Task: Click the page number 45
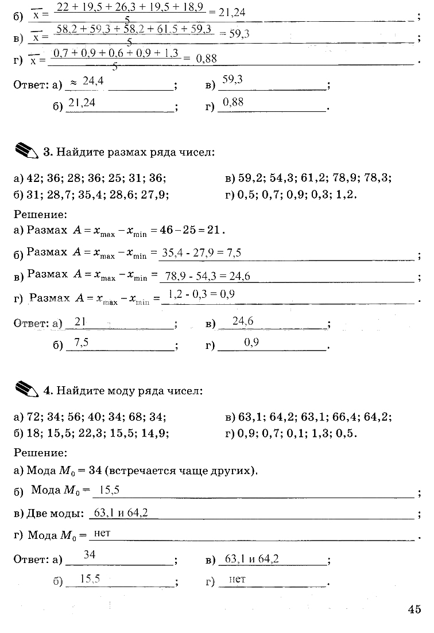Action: (414, 609)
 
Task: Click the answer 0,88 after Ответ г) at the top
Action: (233, 102)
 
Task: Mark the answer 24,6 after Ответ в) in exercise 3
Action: (243, 322)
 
